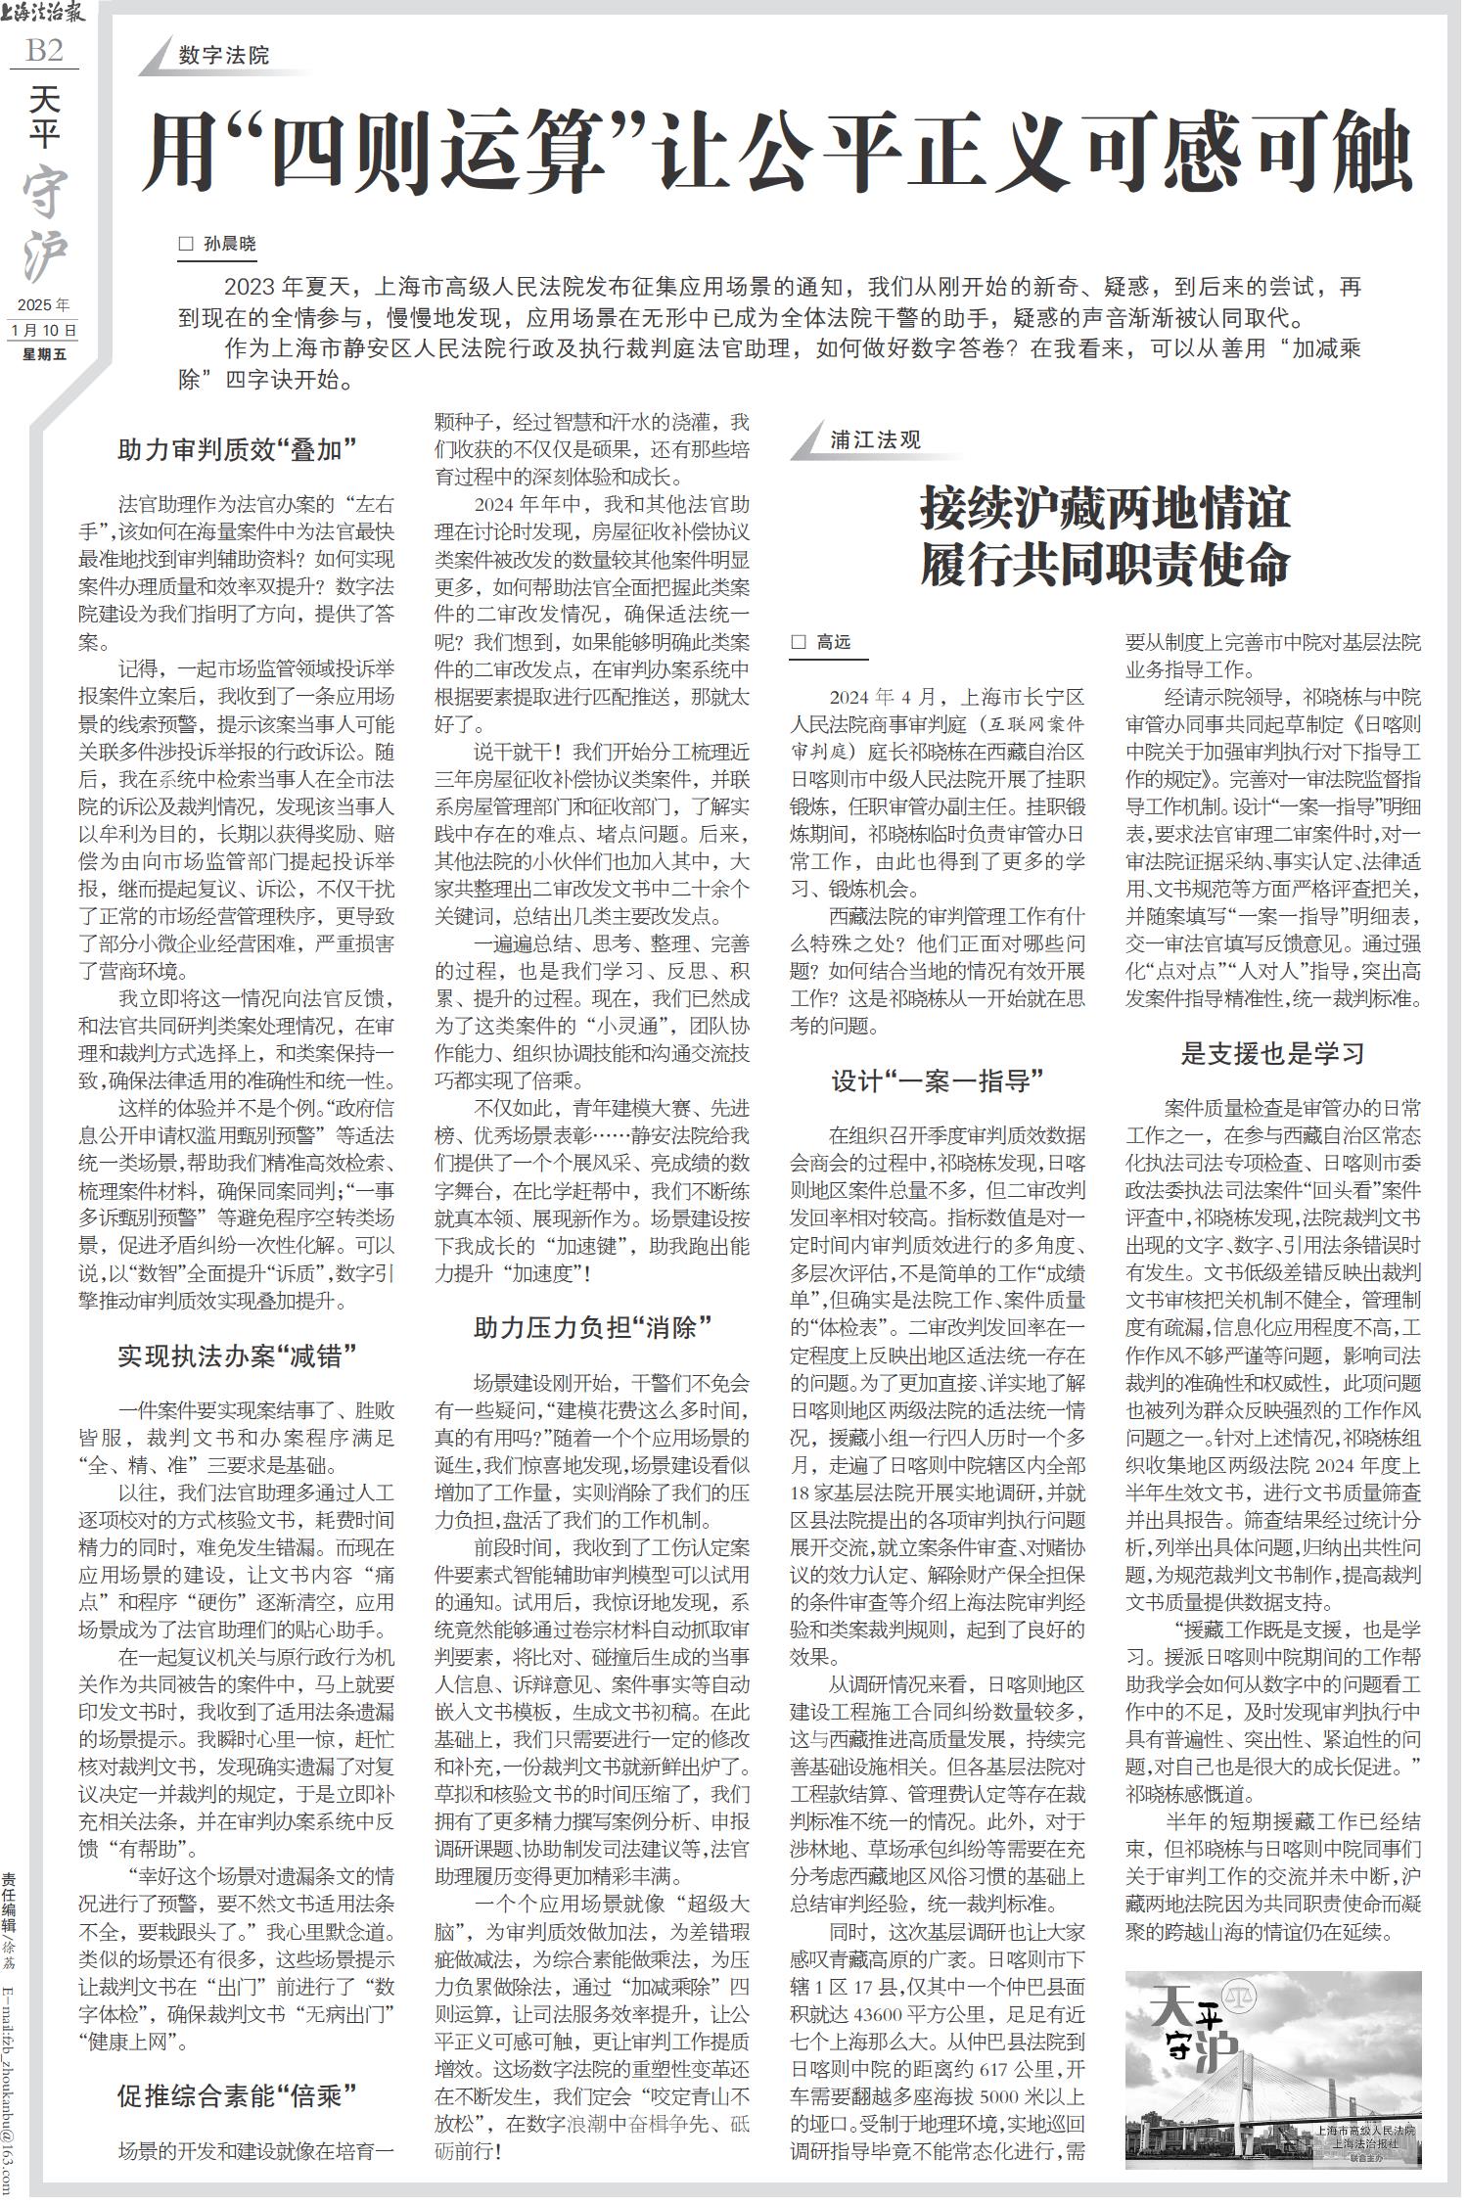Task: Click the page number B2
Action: pyautogui.click(x=43, y=50)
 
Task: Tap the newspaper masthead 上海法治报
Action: pyautogui.click(x=45, y=14)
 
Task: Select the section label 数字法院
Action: pyautogui.click(x=224, y=56)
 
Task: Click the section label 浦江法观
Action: pyautogui.click(x=876, y=439)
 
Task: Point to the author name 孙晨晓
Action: pyautogui.click(x=229, y=244)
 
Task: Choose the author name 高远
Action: pyautogui.click(x=834, y=642)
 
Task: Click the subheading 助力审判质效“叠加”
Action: pyautogui.click(x=236, y=450)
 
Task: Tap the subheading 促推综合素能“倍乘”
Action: pyautogui.click(x=236, y=2095)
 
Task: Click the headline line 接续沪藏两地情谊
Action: pyautogui.click(x=1105, y=510)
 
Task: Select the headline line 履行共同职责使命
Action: pyautogui.click(x=1105, y=564)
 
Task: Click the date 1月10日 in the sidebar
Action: pyautogui.click(x=44, y=330)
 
